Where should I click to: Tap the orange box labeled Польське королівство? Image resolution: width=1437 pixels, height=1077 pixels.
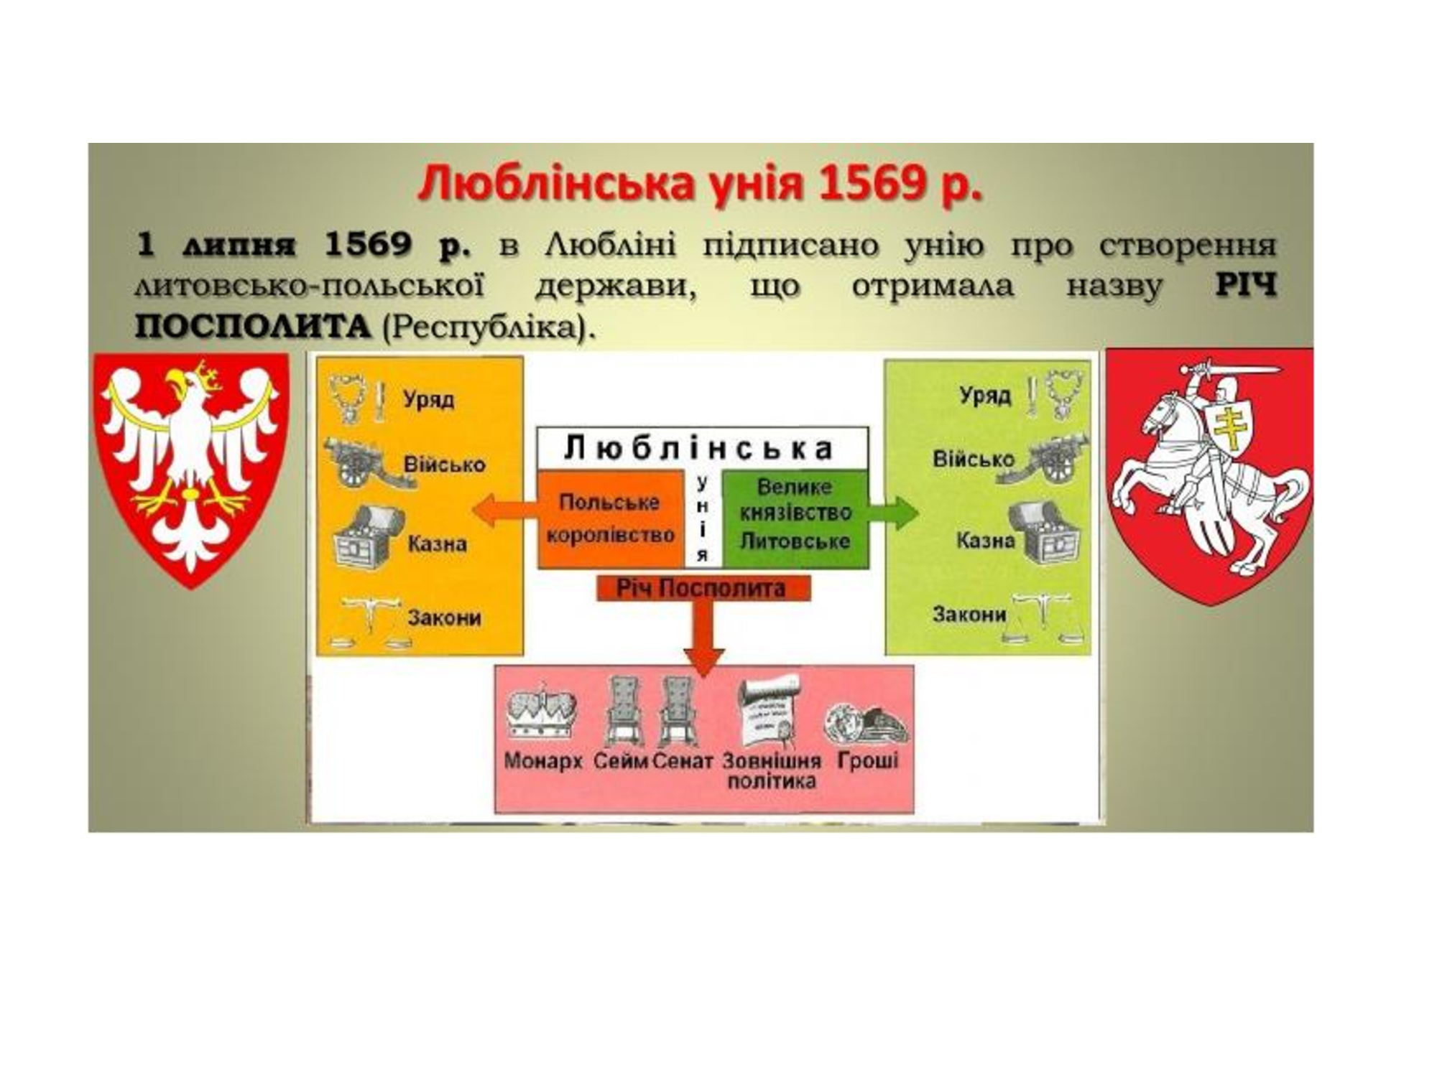coord(610,518)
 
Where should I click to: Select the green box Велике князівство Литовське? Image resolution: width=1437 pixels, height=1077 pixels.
coord(795,518)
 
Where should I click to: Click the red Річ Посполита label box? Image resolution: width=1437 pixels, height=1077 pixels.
coord(703,589)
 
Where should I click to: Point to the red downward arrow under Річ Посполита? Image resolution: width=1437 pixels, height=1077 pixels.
coord(703,638)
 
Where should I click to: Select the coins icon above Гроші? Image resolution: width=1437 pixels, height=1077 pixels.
coord(866,722)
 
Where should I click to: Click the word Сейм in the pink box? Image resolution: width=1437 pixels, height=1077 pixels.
coord(621,761)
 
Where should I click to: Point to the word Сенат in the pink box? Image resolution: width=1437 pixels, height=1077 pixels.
coord(683,761)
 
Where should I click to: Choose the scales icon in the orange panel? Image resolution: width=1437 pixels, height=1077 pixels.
coord(368,623)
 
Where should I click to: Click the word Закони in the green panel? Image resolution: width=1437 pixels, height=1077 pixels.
coord(969,615)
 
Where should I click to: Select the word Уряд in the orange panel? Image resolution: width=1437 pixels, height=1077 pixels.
coord(428,398)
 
